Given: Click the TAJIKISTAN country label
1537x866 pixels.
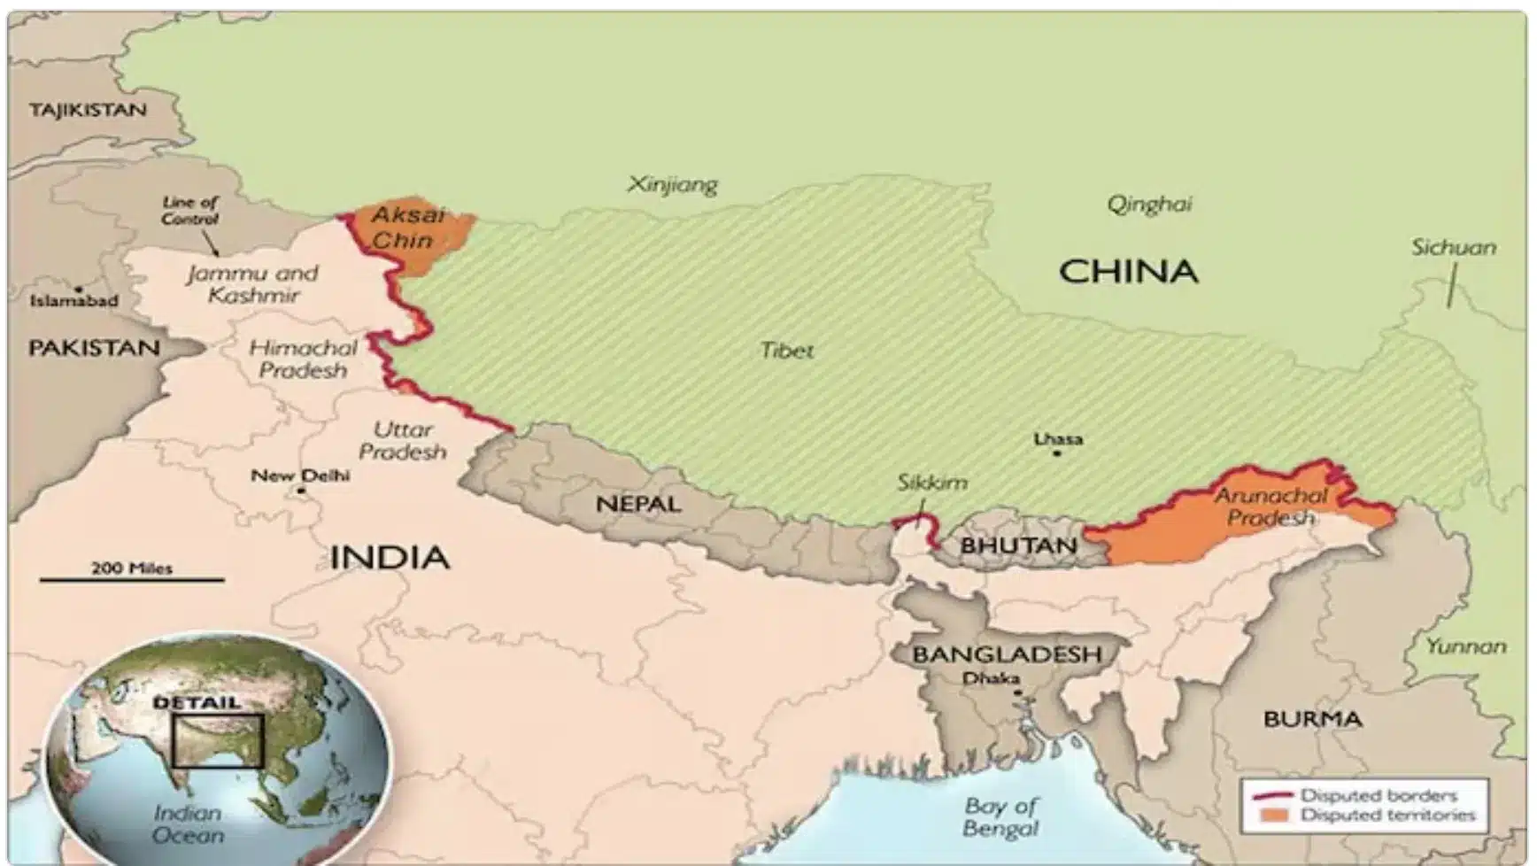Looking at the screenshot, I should [x=87, y=111].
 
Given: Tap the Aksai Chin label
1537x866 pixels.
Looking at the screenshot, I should [x=405, y=228].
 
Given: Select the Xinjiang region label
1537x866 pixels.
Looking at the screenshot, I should [x=672, y=185].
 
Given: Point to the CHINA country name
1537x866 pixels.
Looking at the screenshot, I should [x=1128, y=271].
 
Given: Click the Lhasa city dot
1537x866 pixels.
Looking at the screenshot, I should [x=1056, y=453].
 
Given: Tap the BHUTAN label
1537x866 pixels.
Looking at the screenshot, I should [x=1018, y=545].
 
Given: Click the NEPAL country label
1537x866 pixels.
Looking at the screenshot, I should [x=638, y=505].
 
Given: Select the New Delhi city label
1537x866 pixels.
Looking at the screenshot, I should [x=300, y=476].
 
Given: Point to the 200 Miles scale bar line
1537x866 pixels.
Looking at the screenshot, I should [x=131, y=580].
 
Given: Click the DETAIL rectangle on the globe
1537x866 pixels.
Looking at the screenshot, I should [x=218, y=740].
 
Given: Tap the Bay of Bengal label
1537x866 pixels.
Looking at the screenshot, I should [x=1000, y=817].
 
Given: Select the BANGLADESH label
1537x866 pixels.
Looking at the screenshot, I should [x=1007, y=654].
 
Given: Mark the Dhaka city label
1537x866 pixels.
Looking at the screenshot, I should [x=991, y=678].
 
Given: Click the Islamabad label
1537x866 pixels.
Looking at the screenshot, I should [x=73, y=301].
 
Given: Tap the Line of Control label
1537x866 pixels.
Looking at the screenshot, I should [x=189, y=211].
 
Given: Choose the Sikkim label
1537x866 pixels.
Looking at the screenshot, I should [x=931, y=483].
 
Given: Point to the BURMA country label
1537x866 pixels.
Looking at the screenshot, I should [x=1312, y=719].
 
